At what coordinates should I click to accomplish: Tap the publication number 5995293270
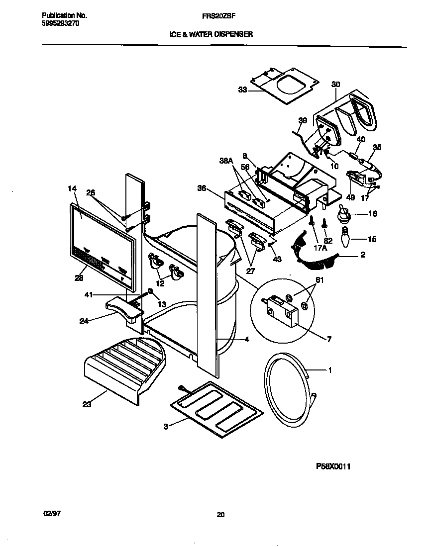(59, 23)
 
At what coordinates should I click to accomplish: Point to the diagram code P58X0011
(337, 466)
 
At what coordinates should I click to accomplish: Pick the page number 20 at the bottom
(220, 515)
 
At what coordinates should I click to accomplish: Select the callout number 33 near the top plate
(242, 90)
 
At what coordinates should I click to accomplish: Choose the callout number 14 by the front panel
(72, 188)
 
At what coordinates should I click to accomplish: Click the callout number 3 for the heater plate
(166, 426)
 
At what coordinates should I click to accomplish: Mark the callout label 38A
(226, 161)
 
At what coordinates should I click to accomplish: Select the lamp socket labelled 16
(342, 215)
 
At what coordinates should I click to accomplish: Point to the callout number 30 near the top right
(335, 85)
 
